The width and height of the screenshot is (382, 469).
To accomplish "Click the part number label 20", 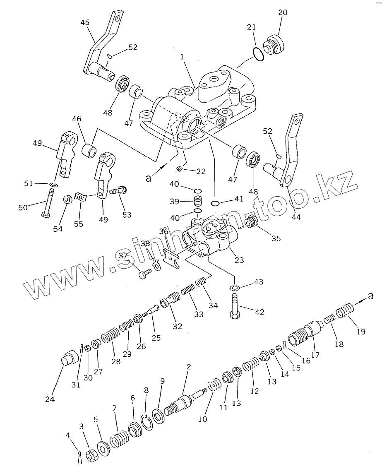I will [282, 13].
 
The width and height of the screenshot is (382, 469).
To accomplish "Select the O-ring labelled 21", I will [258, 54].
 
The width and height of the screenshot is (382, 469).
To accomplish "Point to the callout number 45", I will [84, 23].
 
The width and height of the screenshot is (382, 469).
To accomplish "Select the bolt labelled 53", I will [119, 191].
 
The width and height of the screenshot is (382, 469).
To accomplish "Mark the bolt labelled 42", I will [233, 306].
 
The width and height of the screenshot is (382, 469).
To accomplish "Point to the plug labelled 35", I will [251, 223].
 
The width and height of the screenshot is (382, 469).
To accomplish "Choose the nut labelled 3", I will [91, 456].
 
